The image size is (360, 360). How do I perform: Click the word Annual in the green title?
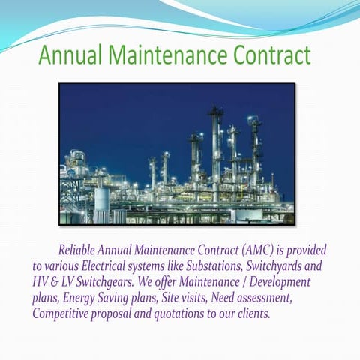pos(70,55)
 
